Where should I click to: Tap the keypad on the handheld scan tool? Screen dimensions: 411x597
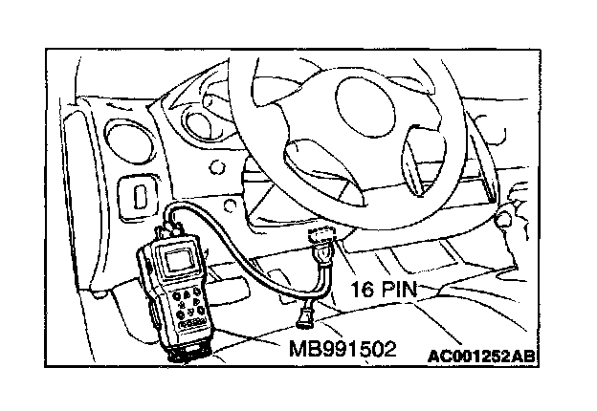[x=191, y=304]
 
